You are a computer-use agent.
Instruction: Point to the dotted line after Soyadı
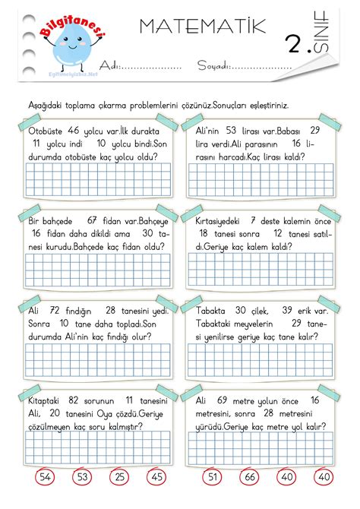tap(261, 66)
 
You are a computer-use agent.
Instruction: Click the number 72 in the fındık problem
tap(55, 311)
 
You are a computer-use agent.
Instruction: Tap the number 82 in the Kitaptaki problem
tap(74, 400)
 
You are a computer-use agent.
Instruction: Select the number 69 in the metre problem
tap(223, 400)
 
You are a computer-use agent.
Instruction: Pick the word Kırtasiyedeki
tap(218, 220)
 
